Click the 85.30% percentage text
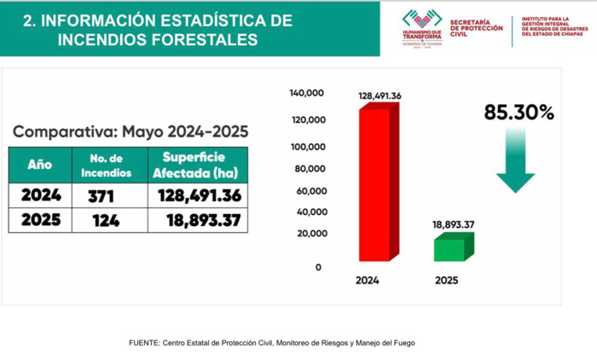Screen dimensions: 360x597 tap(519, 113)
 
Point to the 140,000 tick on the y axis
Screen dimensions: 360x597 tap(307, 92)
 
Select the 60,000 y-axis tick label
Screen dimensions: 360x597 tap(310, 190)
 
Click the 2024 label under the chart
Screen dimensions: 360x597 tap(368, 280)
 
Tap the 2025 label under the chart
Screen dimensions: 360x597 tap(446, 280)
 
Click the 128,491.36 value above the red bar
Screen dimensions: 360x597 tap(380, 96)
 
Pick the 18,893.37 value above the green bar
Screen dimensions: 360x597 tap(453, 224)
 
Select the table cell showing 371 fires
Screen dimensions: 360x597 tap(101, 195)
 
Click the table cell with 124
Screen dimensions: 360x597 tap(101, 221)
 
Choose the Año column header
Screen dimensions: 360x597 tap(39, 164)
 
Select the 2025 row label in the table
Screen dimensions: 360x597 tap(40, 221)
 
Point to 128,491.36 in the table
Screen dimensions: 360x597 tap(199, 195)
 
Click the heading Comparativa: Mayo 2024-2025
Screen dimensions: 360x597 tap(130, 131)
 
